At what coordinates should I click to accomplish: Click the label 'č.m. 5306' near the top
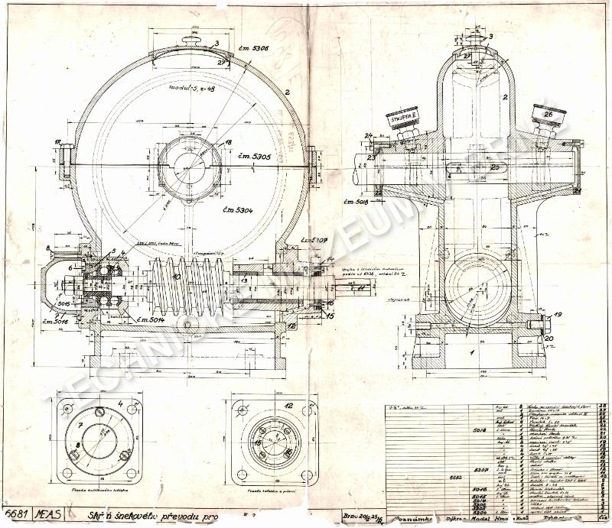[x=252, y=50]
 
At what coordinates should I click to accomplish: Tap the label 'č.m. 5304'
[x=239, y=209]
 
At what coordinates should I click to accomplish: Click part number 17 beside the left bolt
[x=58, y=141]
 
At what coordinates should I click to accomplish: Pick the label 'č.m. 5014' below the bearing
[x=152, y=319]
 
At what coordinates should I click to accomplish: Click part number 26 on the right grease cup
[x=548, y=114]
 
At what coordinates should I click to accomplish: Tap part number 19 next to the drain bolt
[x=557, y=314]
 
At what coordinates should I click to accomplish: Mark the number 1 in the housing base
[x=472, y=352]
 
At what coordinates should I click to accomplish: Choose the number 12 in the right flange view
[x=288, y=406]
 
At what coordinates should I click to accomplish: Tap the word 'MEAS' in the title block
[x=44, y=515]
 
